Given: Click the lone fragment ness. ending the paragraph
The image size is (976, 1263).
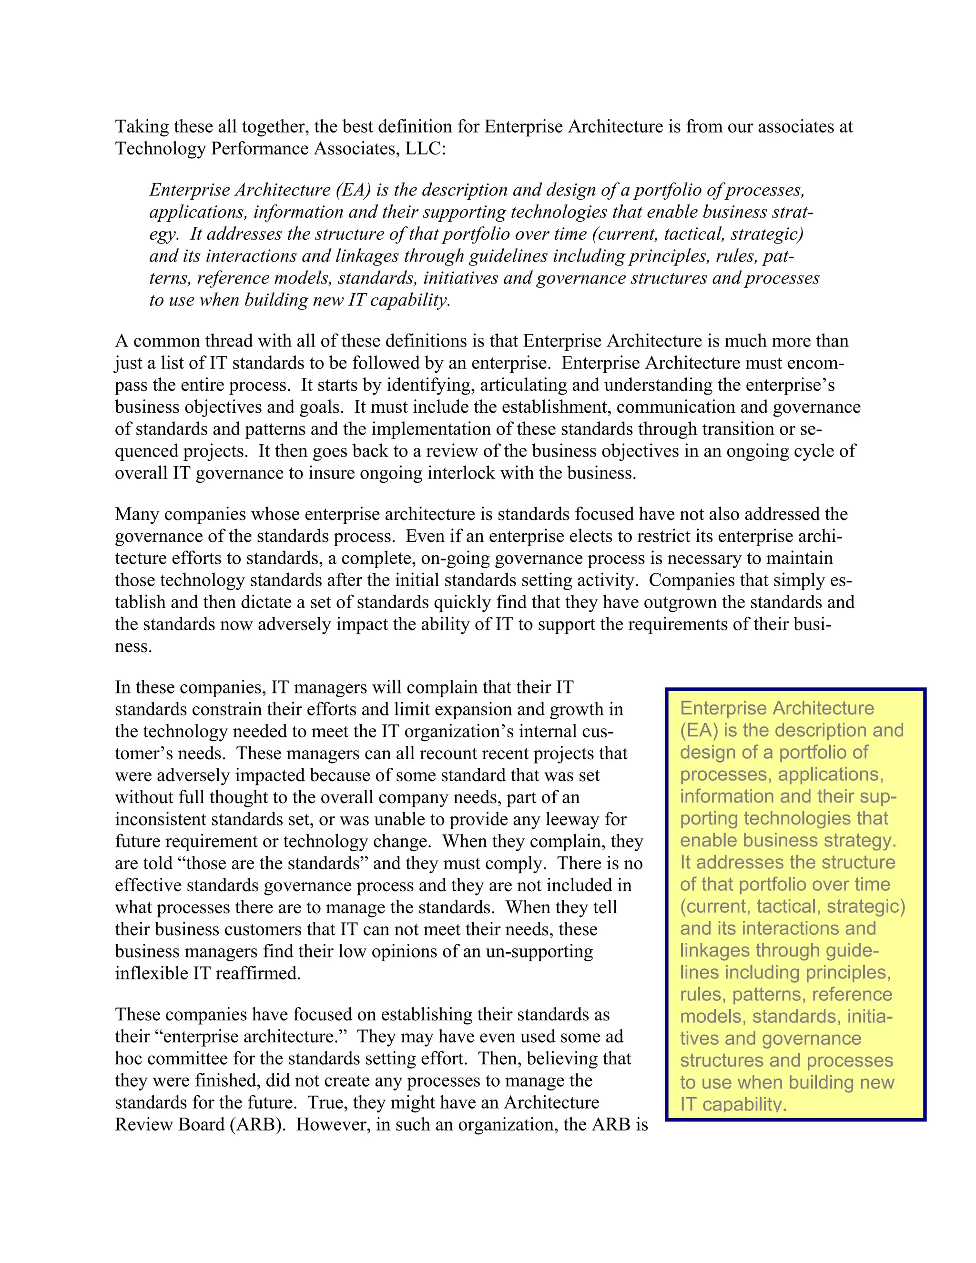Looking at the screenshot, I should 133,647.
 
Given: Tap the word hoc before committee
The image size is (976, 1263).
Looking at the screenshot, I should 128,1059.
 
